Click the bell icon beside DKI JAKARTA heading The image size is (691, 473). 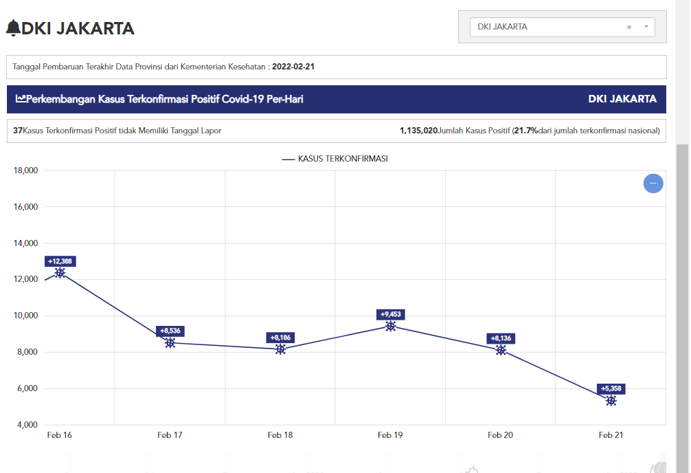[x=13, y=27]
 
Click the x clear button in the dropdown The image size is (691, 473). [x=629, y=27]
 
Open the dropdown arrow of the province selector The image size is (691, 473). [x=646, y=27]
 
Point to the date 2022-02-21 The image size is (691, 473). [x=293, y=67]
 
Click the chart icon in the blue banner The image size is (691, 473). [x=21, y=99]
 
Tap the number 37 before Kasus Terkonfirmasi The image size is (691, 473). [x=18, y=130]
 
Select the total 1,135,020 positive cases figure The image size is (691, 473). [x=418, y=130]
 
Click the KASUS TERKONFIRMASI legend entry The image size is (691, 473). [x=335, y=159]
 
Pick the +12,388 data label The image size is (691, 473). [x=60, y=261]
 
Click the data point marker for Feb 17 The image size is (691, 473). [x=170, y=342]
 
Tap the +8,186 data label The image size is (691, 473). [x=280, y=338]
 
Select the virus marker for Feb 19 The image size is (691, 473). [x=390, y=326]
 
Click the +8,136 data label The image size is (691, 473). [x=501, y=338]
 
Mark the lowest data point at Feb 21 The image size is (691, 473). [x=611, y=400]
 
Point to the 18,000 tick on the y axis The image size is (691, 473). [x=25, y=170]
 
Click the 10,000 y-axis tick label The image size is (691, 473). [x=25, y=316]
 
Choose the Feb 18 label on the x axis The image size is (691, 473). [x=280, y=435]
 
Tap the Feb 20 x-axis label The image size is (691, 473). [x=500, y=435]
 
